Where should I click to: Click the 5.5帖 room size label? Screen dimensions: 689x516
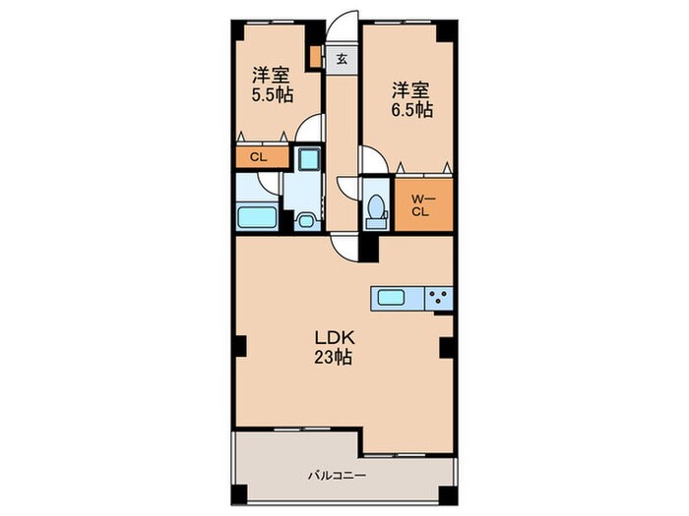click(272, 94)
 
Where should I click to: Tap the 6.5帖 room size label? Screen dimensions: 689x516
click(412, 110)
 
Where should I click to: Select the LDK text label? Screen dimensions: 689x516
click(334, 338)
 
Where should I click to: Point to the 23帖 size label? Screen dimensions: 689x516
click(333, 358)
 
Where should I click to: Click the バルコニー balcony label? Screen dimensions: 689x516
click(337, 475)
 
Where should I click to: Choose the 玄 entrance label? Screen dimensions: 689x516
click(342, 59)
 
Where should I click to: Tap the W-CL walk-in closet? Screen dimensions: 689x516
click(423, 205)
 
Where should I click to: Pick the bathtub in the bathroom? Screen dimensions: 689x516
click(257, 217)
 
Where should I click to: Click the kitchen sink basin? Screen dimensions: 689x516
click(391, 298)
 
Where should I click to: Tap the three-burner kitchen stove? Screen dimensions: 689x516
click(439, 299)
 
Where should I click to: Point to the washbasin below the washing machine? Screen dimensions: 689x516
click(305, 221)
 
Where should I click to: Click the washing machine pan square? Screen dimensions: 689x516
click(309, 158)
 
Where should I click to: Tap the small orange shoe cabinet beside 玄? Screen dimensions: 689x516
click(315, 57)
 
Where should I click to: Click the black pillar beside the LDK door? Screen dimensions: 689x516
click(369, 249)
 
